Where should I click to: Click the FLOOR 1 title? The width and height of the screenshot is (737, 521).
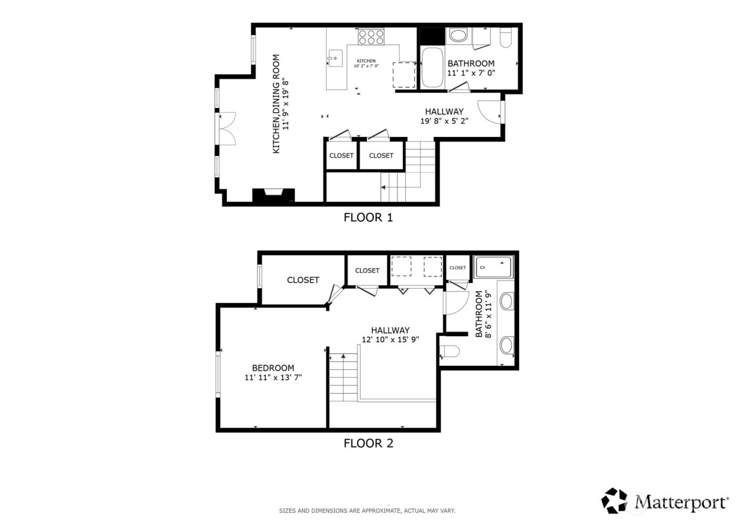pos(368,217)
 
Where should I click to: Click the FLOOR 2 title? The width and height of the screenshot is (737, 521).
pos(368,443)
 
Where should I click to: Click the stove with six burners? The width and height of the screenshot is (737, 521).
pos(371,36)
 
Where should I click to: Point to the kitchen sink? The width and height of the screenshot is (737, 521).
pos(334,58)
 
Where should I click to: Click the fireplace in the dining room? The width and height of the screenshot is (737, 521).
pos(273,196)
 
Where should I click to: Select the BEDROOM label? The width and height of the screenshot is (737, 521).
pos(273,368)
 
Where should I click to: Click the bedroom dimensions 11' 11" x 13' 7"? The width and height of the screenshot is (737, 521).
pos(273,377)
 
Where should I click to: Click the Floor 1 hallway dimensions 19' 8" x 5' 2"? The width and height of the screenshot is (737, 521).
pos(444,121)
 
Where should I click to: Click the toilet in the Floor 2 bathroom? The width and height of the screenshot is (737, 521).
pos(450,351)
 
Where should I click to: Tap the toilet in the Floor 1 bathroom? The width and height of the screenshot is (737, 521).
pos(505,38)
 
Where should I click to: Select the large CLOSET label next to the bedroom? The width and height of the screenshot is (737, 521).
pos(303,280)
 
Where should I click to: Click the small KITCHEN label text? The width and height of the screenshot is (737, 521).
pos(366,61)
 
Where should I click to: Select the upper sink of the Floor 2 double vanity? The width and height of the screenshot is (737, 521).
pos(506,301)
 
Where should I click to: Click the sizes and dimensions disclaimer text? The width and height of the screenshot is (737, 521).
pos(367,510)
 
